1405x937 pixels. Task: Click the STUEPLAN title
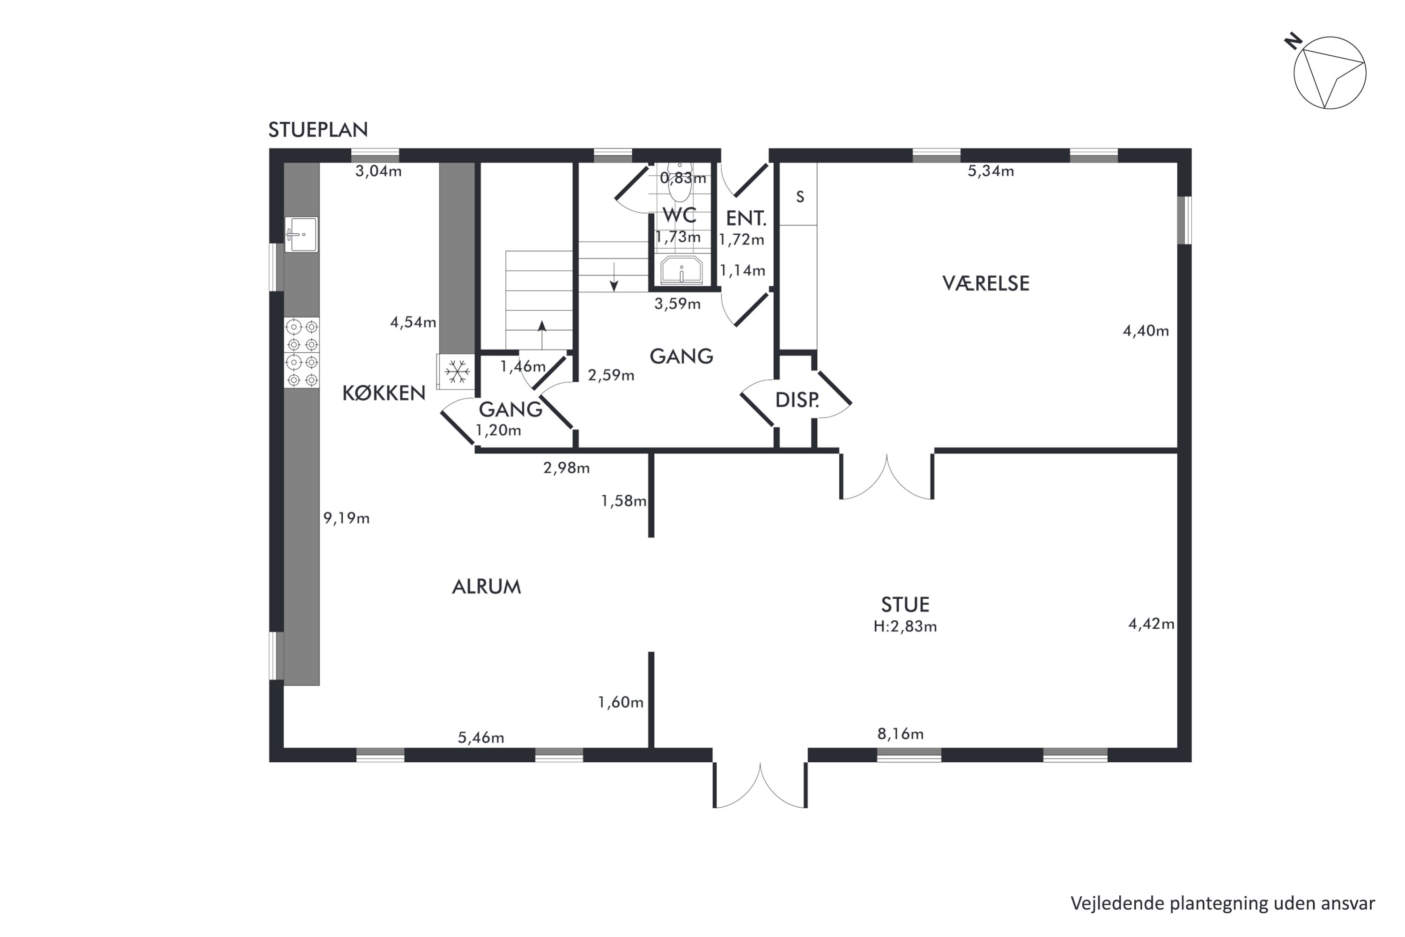click(x=318, y=130)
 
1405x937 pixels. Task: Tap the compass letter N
click(x=1293, y=41)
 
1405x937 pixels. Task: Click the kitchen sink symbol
click(x=301, y=234)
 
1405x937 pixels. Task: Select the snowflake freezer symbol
click(x=457, y=372)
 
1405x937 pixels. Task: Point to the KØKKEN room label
click(x=384, y=393)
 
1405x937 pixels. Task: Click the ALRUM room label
click(x=486, y=587)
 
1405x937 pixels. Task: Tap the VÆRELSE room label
click(x=986, y=283)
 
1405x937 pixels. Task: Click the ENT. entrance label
click(x=746, y=218)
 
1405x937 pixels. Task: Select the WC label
click(x=679, y=215)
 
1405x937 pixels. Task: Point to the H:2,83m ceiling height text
click(x=905, y=626)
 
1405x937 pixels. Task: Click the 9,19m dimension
click(x=347, y=518)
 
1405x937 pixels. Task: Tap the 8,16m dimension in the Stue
click(x=900, y=733)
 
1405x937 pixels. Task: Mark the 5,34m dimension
click(x=991, y=171)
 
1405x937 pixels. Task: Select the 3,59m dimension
click(x=677, y=304)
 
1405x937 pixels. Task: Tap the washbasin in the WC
click(x=681, y=270)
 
